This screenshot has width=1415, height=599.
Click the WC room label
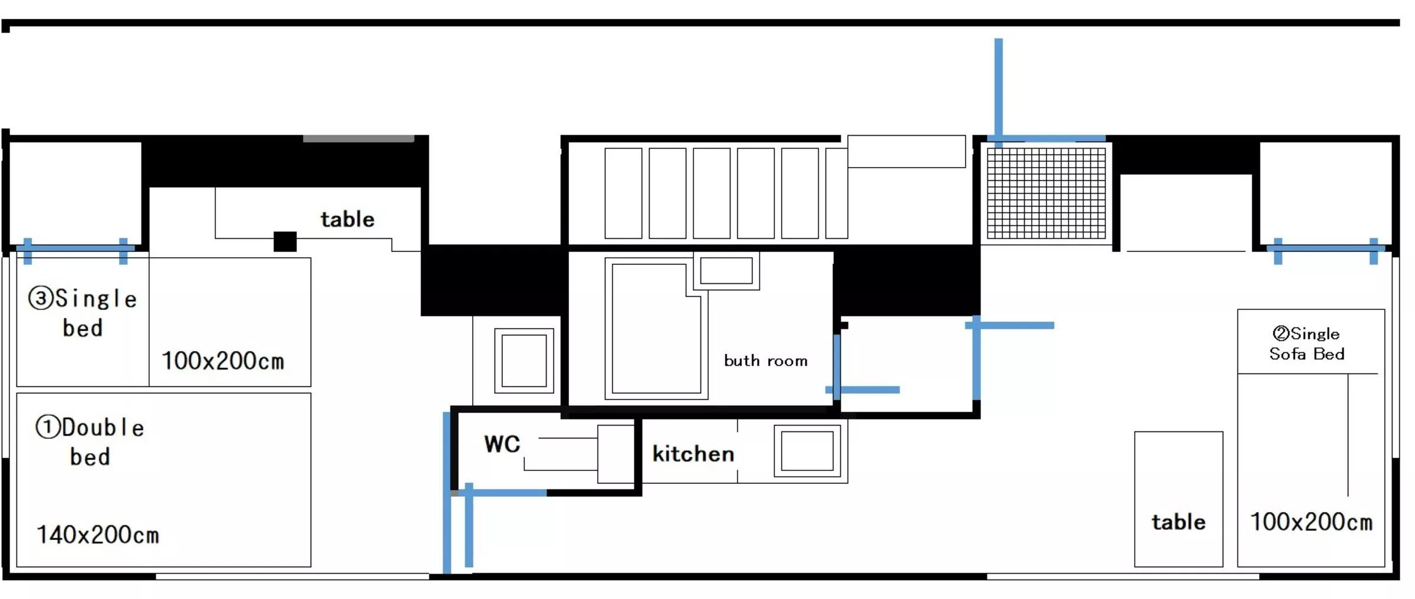coord(502,444)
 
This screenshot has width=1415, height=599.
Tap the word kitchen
coord(693,454)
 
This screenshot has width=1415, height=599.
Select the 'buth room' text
coord(765,361)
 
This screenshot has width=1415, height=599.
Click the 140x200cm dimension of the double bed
coord(98,535)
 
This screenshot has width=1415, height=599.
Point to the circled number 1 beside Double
coord(47,427)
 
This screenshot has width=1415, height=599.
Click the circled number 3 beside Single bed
coord(40,298)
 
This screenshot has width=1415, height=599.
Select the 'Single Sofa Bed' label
coord(1307,343)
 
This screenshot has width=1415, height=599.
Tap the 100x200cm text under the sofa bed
coord(1311,522)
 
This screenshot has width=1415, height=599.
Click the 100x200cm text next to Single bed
coord(223,361)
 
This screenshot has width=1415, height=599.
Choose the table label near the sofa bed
coord(1178,522)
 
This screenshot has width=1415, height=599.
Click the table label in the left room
coord(347,219)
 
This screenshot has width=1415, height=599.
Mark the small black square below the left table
coord(285,241)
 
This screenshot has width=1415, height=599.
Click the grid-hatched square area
coord(1046,193)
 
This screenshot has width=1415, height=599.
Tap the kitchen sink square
coord(807,450)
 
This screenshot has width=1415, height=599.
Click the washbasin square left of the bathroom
coord(524,361)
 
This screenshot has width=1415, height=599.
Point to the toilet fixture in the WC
coord(614,453)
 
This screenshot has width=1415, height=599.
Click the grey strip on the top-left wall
coord(358,139)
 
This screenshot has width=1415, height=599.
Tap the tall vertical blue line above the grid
coord(998,89)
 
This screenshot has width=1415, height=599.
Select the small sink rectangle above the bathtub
coord(726,271)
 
